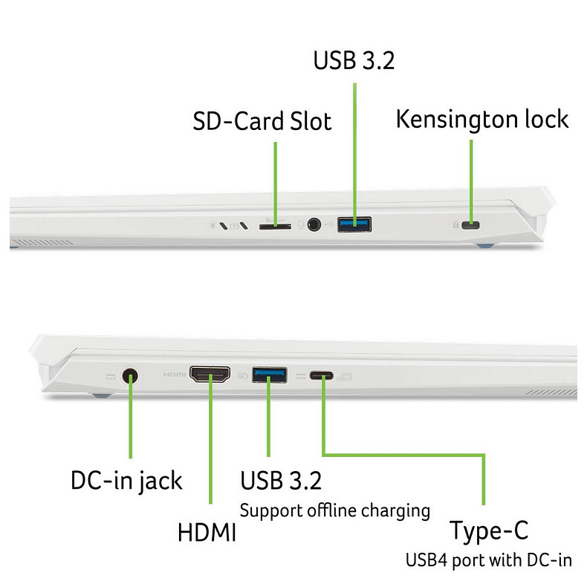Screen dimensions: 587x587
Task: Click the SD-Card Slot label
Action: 262,121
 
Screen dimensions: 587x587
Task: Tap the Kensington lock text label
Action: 482,119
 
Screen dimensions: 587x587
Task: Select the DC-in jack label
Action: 126,480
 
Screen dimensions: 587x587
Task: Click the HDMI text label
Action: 207,532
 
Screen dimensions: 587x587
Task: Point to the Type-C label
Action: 490,532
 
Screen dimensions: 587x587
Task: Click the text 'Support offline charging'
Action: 334,510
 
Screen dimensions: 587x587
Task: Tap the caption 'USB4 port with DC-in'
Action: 488,560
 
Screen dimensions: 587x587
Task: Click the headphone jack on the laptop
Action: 316,223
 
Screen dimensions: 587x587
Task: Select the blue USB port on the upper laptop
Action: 354,223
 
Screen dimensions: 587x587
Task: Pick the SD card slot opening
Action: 274,224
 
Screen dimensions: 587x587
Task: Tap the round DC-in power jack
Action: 132,376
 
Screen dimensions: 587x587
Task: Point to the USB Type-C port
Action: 322,376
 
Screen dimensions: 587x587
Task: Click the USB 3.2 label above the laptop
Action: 353,59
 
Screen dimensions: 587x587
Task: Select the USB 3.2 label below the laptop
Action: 281,480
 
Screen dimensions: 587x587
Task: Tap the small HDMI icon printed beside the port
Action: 174,375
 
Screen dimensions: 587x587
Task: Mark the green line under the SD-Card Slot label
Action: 275,178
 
